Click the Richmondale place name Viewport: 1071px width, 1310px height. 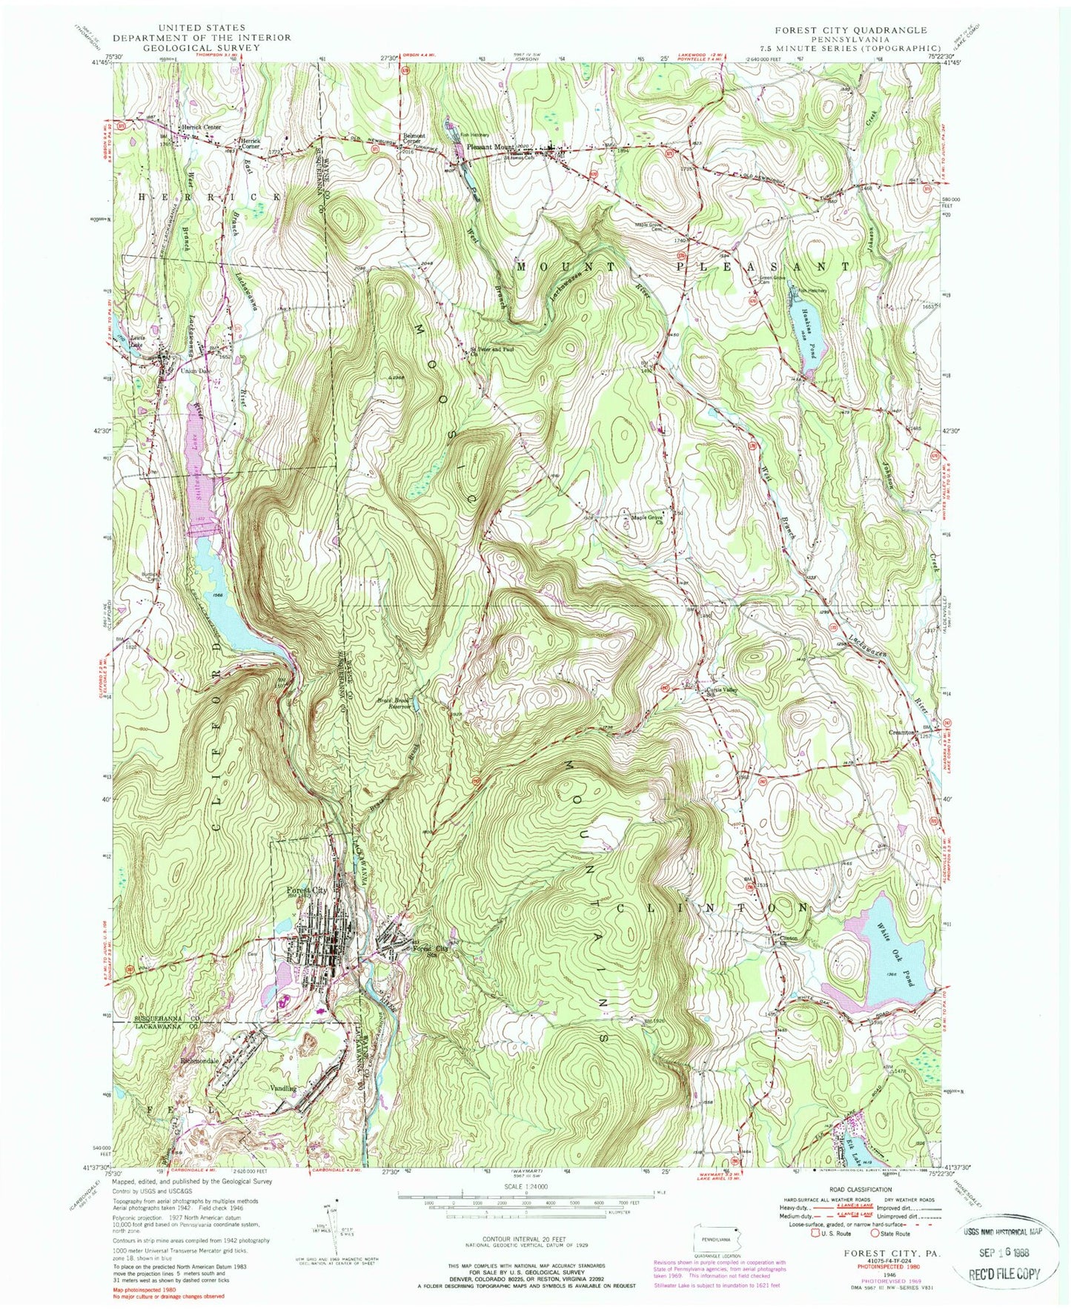click(x=200, y=1061)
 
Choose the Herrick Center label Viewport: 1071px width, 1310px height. click(x=202, y=128)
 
